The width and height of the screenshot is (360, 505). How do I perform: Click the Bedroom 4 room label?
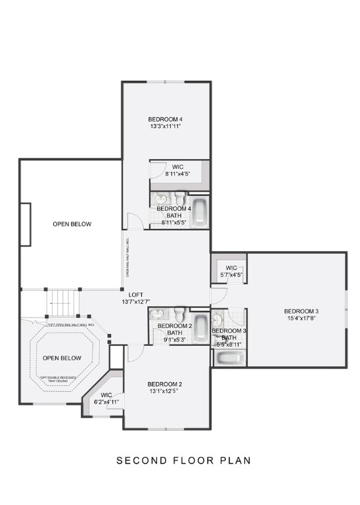click(165, 119)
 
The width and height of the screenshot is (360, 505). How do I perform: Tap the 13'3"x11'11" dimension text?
click(165, 126)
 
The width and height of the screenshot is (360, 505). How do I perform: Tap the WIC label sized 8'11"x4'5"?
click(177, 166)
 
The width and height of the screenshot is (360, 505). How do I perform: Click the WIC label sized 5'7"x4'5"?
click(231, 268)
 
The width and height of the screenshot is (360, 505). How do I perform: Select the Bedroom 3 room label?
click(302, 311)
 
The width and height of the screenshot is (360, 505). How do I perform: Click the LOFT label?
click(137, 295)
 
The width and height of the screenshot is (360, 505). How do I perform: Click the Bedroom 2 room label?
click(164, 385)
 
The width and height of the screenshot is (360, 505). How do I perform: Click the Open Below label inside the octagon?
click(62, 358)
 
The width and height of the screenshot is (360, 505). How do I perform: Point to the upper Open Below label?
click(72, 224)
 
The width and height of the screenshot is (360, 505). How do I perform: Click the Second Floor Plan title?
click(183, 460)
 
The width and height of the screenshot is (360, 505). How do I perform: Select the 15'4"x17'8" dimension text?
click(302, 319)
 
